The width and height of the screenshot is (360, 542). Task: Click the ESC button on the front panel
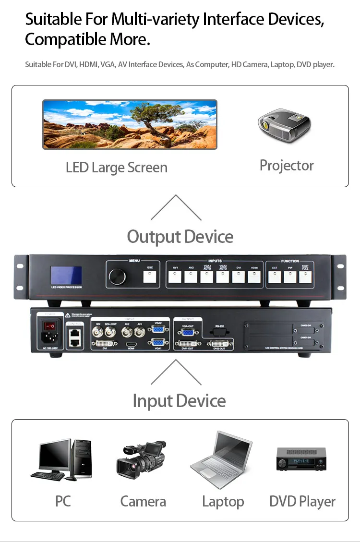[150, 277]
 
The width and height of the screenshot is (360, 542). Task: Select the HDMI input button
[254, 277]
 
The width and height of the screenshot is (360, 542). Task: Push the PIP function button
[290, 277]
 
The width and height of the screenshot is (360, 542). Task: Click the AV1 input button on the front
[175, 277]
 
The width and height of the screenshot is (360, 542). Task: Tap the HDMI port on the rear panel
[131, 344]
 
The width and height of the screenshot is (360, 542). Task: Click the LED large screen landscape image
[130, 124]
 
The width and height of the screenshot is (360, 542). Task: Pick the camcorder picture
[141, 460]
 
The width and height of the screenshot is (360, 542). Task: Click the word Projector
[287, 166]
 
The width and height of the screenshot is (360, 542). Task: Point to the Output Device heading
[180, 237]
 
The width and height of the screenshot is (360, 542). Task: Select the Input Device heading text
[179, 401]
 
